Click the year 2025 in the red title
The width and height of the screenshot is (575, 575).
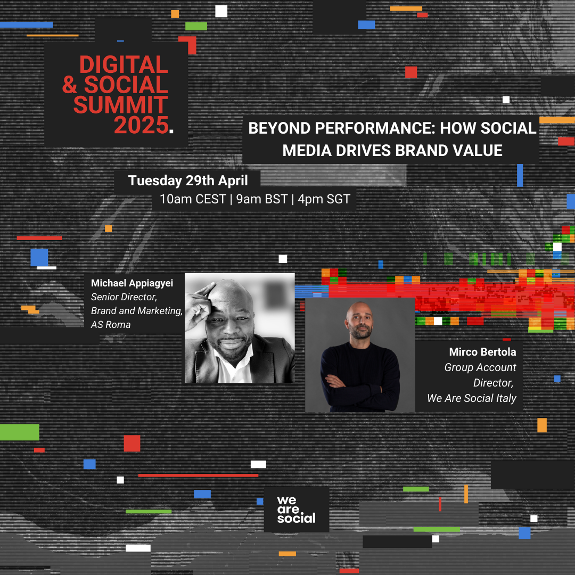pyautogui.click(x=141, y=126)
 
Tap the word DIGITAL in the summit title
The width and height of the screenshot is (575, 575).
pyautogui.click(x=124, y=64)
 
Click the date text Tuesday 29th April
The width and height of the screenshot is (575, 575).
pyautogui.click(x=188, y=180)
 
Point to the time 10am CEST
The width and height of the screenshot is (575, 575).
pyautogui.click(x=193, y=199)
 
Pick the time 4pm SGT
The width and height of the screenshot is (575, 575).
pyautogui.click(x=324, y=199)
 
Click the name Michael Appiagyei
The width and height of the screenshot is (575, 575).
pyautogui.click(x=132, y=283)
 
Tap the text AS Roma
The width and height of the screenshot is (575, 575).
pyautogui.click(x=111, y=325)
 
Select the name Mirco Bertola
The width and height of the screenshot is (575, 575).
pyautogui.click(x=482, y=352)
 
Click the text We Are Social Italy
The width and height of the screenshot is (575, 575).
pyautogui.click(x=472, y=398)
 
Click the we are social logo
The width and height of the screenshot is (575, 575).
pyautogui.click(x=297, y=510)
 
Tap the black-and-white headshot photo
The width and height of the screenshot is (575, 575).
pyautogui.click(x=240, y=328)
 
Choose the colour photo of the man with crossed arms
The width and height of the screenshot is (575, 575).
pyautogui.click(x=360, y=355)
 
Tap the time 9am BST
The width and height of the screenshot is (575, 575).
pyautogui.click(x=262, y=199)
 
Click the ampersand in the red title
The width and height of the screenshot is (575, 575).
pyautogui.click(x=70, y=85)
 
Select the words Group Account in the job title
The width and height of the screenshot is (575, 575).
pyautogui.click(x=480, y=367)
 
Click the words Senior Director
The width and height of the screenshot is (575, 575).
pyautogui.click(x=124, y=297)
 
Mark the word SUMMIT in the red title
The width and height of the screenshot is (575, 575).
pyautogui.click(x=121, y=105)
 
